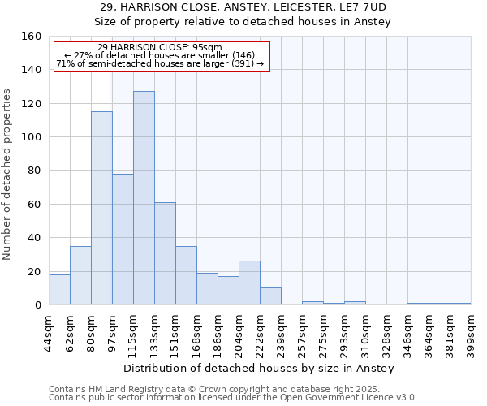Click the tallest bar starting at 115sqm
point(144,197)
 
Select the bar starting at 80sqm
point(101,208)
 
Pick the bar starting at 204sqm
point(249,283)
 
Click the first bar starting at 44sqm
point(59,290)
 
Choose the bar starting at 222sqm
point(270,296)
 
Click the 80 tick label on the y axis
point(34,171)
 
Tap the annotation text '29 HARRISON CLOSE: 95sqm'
point(159,47)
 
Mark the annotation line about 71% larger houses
point(159,63)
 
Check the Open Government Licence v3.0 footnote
point(232,397)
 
